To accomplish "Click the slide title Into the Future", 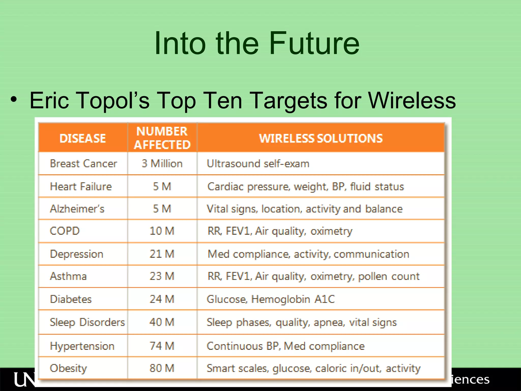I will pyautogui.click(x=257, y=43).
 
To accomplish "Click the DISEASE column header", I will pyautogui.click(x=83, y=138).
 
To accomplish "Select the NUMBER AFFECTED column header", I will pyautogui.click(x=162, y=138).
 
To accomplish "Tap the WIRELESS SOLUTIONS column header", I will pyautogui.click(x=321, y=138).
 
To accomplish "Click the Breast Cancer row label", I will pyautogui.click(x=83, y=163).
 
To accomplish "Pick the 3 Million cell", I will pyautogui.click(x=162, y=163).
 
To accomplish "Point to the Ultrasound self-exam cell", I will pyautogui.click(x=258, y=163).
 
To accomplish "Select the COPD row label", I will pyautogui.click(x=65, y=231).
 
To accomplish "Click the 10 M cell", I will pyautogui.click(x=162, y=231).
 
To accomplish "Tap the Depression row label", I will pyautogui.click(x=77, y=254).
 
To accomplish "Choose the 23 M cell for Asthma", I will pyautogui.click(x=162, y=276).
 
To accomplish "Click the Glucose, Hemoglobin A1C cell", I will pyautogui.click(x=271, y=299).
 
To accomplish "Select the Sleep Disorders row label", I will pyautogui.click(x=87, y=322).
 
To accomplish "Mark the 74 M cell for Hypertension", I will pyautogui.click(x=162, y=346).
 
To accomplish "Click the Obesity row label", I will pyautogui.click(x=68, y=368).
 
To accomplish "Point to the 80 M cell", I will pyautogui.click(x=162, y=368).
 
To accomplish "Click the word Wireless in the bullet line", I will pyautogui.click(x=412, y=101).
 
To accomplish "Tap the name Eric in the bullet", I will pyautogui.click(x=49, y=101).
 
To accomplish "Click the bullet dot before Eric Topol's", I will pyautogui.click(x=14, y=99).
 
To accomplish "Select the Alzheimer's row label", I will pyautogui.click(x=77, y=209).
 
